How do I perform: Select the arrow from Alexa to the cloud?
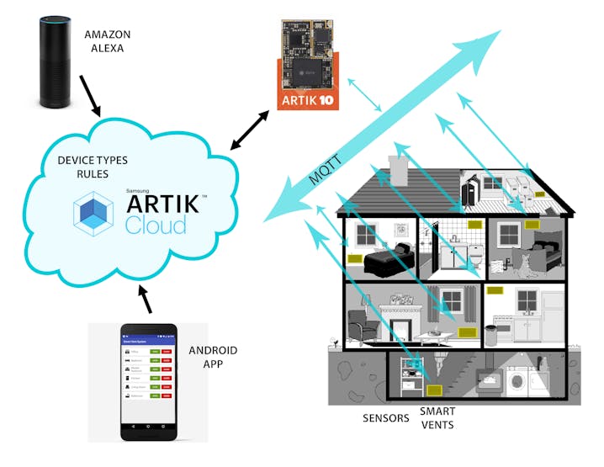tap(90, 96)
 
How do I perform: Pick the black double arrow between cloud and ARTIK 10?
tap(250, 130)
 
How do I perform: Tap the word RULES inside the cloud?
tap(81, 174)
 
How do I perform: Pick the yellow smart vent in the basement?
tap(433, 390)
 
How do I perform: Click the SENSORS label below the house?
tap(386, 418)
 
